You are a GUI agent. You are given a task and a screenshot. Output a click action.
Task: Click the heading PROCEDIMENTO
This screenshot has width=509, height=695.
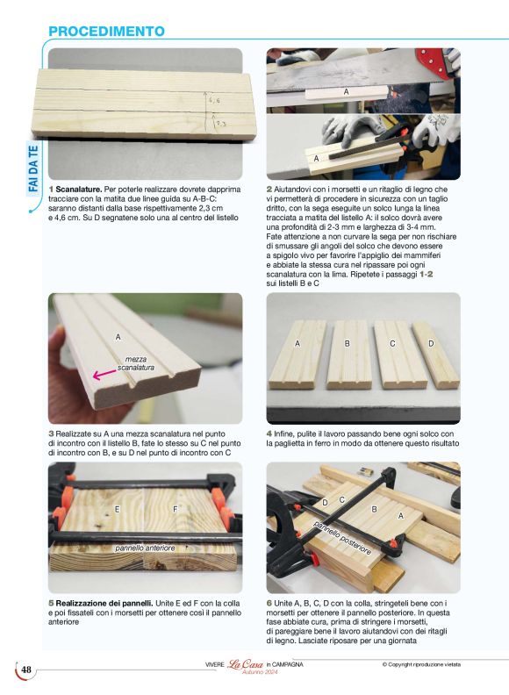[x=106, y=32]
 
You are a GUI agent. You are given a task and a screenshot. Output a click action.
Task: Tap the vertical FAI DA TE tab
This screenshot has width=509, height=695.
[x=33, y=168]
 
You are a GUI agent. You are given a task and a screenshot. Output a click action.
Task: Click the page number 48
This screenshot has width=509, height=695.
[x=26, y=670]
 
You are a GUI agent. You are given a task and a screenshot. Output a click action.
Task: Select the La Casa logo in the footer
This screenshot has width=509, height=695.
[x=245, y=665]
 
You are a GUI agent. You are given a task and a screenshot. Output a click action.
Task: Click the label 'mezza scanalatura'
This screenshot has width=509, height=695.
[x=136, y=363]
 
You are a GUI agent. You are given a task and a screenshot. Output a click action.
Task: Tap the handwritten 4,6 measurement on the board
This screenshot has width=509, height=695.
[x=214, y=101]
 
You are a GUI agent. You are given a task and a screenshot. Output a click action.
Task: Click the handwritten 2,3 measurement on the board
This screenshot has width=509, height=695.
[x=220, y=125]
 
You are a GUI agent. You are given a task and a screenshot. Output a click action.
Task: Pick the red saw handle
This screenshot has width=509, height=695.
[x=436, y=61]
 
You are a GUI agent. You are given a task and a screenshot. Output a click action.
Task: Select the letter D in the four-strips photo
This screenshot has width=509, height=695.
[x=431, y=343]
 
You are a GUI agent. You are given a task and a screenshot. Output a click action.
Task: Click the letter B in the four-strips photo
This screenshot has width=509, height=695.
[x=348, y=343]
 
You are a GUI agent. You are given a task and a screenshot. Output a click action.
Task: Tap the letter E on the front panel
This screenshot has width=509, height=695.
[x=117, y=510]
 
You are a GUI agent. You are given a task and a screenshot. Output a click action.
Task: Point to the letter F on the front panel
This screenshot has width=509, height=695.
[x=175, y=510]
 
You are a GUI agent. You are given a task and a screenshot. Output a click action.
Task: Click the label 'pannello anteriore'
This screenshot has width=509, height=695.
[x=145, y=548]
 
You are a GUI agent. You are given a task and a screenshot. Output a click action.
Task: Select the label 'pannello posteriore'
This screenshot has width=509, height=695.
[x=342, y=537]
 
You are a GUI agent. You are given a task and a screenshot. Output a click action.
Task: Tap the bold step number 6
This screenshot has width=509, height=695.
[x=269, y=603]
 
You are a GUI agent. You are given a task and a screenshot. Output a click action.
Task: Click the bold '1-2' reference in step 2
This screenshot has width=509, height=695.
[x=427, y=275]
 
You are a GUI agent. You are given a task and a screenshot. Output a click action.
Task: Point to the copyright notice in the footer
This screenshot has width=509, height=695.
[x=421, y=664]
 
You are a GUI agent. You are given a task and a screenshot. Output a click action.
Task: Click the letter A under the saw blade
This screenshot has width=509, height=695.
[x=347, y=92]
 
